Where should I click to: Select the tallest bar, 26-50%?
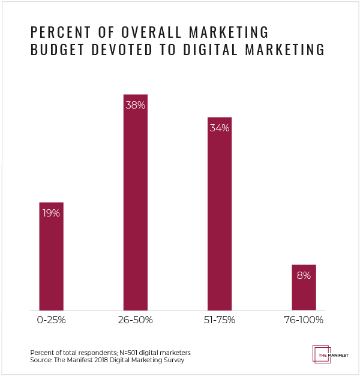(135, 204)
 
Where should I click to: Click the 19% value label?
(51, 213)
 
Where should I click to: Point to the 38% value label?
(135, 105)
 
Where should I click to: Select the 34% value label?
(220, 128)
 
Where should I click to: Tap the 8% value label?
(304, 276)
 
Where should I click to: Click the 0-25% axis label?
(51, 320)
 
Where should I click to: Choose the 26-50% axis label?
(135, 320)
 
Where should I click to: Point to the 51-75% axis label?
(220, 320)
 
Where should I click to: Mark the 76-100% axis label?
(304, 320)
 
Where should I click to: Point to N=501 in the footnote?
(113, 352)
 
